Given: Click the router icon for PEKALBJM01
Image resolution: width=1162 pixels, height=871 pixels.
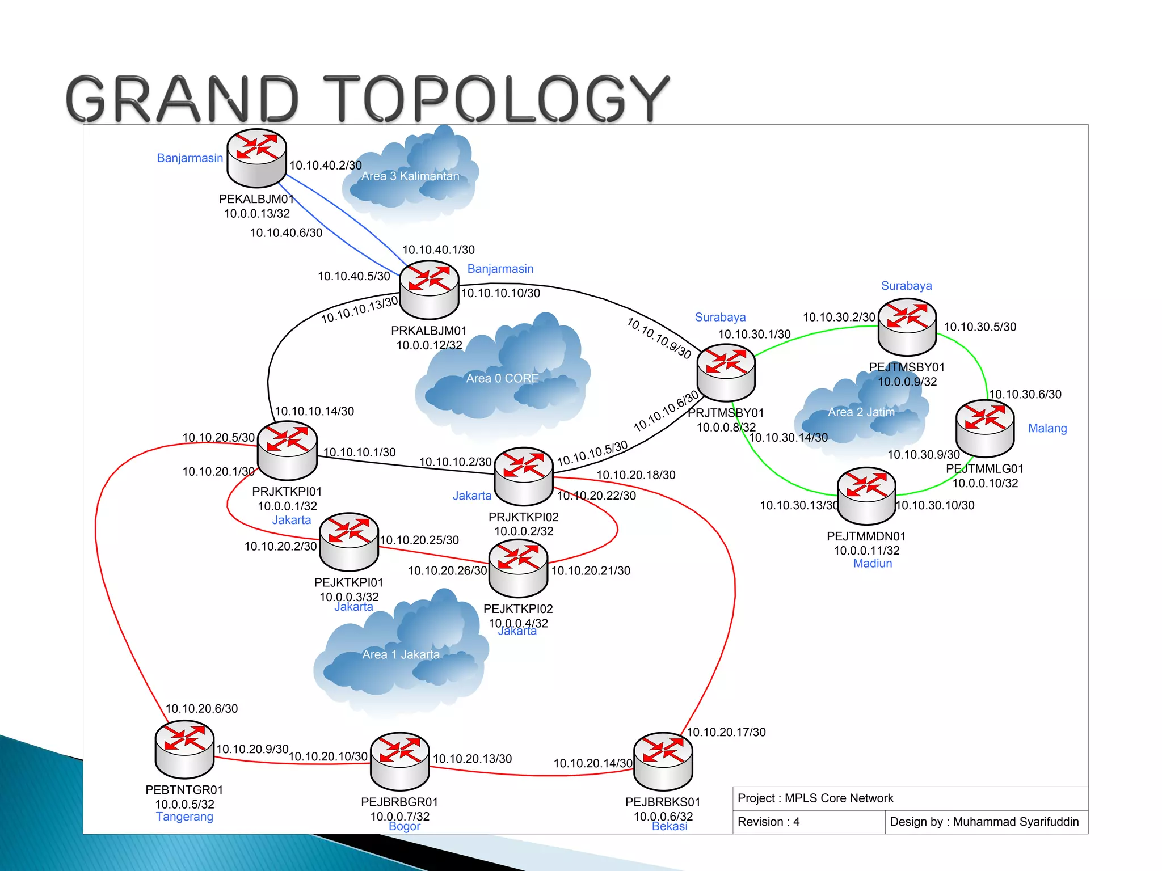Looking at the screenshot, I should click(x=256, y=158).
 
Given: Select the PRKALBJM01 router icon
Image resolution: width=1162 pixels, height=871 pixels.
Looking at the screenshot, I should click(x=429, y=290).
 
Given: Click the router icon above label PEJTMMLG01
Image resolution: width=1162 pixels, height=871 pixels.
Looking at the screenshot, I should click(x=985, y=428).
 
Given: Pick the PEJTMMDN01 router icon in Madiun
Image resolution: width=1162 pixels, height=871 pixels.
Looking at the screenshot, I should click(x=866, y=496).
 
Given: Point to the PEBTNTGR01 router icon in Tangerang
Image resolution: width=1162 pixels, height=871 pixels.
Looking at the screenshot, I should click(x=184, y=749).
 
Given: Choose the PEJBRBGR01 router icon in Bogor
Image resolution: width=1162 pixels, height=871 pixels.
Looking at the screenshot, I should click(x=400, y=761).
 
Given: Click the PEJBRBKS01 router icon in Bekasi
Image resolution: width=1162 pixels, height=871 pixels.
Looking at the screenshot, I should click(x=663, y=761).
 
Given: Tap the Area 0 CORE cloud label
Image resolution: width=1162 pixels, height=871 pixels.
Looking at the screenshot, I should click(x=502, y=378).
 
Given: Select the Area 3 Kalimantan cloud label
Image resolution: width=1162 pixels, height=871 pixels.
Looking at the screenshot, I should click(x=410, y=176).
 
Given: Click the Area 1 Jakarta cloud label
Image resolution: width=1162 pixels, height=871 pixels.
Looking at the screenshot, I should click(x=401, y=654).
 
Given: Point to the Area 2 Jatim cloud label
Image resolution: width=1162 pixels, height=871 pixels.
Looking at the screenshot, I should click(x=861, y=412).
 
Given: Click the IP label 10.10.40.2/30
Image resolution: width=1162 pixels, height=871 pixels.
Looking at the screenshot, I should click(x=326, y=166).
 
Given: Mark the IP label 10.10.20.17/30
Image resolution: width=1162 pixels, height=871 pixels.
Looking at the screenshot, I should click(x=726, y=732).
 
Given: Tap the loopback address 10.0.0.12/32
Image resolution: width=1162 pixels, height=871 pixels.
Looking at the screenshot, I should click(x=429, y=345).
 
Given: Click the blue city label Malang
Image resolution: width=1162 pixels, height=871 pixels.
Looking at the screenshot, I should click(x=1047, y=429).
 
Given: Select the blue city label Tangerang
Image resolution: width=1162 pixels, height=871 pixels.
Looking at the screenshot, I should click(x=184, y=817).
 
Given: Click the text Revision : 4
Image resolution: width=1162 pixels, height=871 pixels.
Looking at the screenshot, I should click(x=768, y=822).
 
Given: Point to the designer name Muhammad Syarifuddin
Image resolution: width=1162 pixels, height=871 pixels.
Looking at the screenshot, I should click(x=1016, y=822).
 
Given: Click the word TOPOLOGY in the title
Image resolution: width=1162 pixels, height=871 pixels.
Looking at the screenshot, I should click(x=496, y=99).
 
